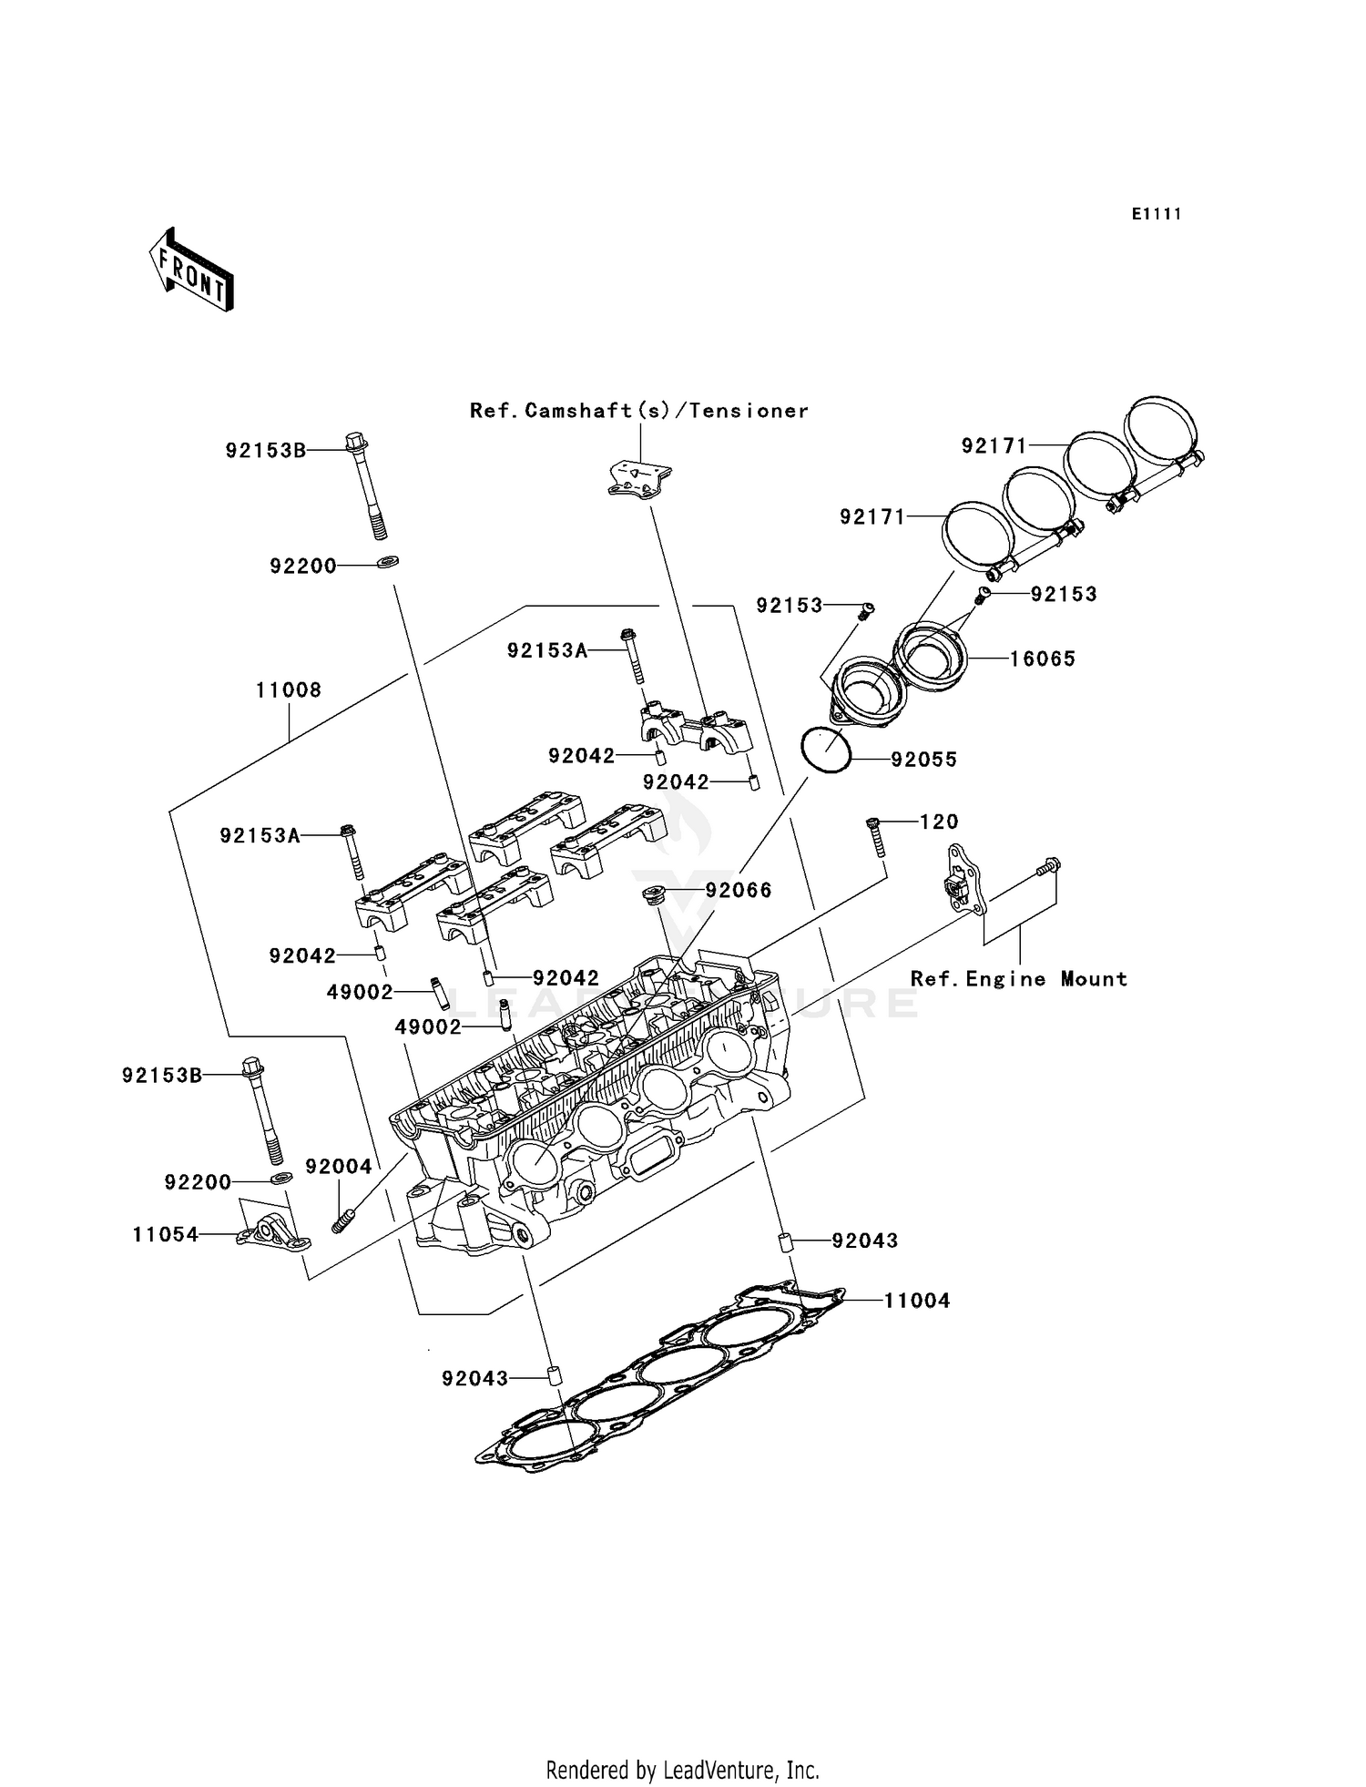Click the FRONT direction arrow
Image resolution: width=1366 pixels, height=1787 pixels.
coord(192,271)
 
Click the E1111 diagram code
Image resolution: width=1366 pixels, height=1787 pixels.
coord(1157,214)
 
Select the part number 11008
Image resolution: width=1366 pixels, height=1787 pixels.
coord(288,690)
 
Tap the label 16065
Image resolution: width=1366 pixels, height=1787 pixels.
coord(1043,659)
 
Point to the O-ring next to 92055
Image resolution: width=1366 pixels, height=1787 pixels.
coord(825,752)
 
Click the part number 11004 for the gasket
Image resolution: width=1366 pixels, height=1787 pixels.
coord(917,1302)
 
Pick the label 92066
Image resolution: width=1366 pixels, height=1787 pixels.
coord(739,891)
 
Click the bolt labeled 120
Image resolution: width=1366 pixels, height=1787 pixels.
coord(876,835)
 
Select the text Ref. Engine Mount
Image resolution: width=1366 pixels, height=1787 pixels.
coord(1019,979)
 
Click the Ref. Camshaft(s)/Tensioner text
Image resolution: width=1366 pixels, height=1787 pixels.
coord(639,411)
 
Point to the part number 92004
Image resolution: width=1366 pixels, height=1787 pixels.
coord(338,1168)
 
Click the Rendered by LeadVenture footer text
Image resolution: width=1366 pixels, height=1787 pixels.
coord(682,1770)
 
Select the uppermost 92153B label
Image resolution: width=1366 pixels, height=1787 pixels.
coord(266,450)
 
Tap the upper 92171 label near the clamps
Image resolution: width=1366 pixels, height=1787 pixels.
coord(994,445)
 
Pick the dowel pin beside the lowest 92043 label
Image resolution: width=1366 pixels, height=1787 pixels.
coord(552,1375)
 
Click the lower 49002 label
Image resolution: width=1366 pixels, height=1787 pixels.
coord(427,1027)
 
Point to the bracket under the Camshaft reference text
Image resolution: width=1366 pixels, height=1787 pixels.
coord(639,480)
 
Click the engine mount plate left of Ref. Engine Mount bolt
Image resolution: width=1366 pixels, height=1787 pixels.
coord(962,879)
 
